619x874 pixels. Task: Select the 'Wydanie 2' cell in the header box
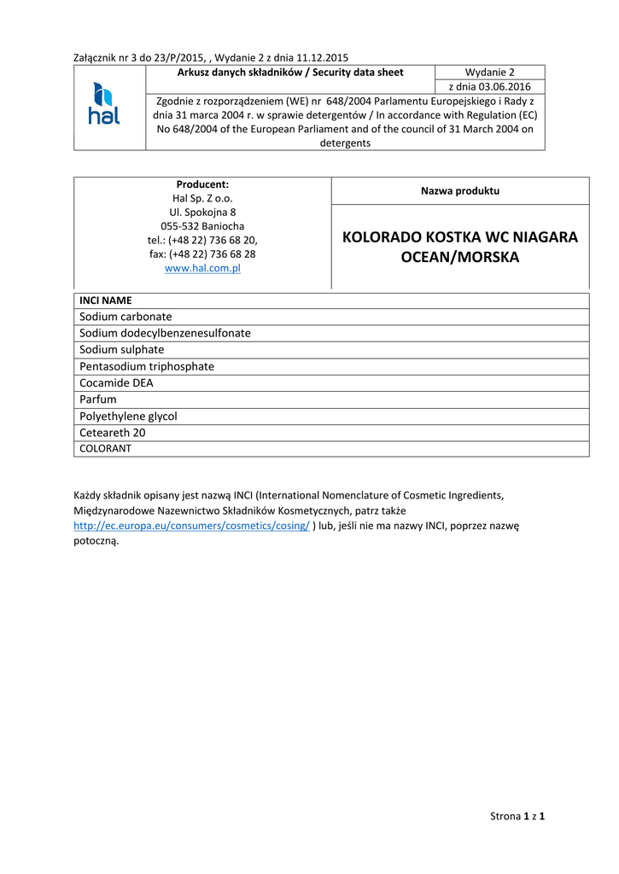(x=489, y=73)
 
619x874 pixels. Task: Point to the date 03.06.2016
(x=489, y=87)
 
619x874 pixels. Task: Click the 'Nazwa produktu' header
(x=459, y=191)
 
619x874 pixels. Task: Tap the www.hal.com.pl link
(x=202, y=268)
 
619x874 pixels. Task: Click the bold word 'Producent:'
(x=202, y=184)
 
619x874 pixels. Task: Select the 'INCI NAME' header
(x=106, y=300)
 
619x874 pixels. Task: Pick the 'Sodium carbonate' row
(x=126, y=317)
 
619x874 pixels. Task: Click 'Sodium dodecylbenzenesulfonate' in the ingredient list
(x=165, y=333)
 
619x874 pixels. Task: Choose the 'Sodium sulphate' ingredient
(x=121, y=350)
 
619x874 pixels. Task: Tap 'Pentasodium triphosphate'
(x=147, y=366)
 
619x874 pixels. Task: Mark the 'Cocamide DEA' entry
(x=116, y=383)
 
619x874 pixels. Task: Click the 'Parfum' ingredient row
(x=97, y=399)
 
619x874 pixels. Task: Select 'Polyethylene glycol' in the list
(x=128, y=417)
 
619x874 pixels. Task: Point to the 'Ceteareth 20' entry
(x=112, y=433)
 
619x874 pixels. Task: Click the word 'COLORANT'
(x=105, y=448)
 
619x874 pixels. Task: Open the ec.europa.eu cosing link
(x=191, y=526)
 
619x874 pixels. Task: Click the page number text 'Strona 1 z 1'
(x=517, y=816)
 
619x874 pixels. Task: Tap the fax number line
(x=202, y=254)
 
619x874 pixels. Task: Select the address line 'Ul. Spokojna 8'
(x=202, y=212)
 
